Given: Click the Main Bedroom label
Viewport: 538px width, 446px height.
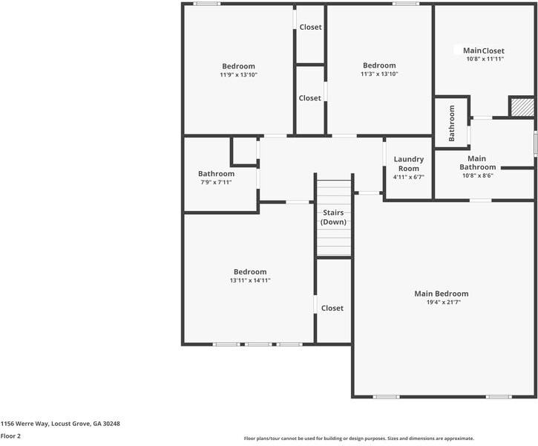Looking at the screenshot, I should pyautogui.click(x=441, y=294).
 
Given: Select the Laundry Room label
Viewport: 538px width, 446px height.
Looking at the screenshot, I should pyautogui.click(x=408, y=164).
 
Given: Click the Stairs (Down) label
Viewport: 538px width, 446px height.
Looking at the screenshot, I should pyautogui.click(x=334, y=217).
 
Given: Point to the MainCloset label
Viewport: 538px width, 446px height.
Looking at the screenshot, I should pyautogui.click(x=483, y=51).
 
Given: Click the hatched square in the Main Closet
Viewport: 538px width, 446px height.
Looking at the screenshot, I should pyautogui.click(x=522, y=107).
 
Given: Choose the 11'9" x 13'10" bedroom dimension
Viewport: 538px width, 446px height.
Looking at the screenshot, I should pyautogui.click(x=238, y=74).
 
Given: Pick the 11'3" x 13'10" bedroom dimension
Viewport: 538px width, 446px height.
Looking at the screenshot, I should pyautogui.click(x=379, y=74).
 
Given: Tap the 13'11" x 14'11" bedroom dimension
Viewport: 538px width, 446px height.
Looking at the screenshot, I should pyautogui.click(x=250, y=280).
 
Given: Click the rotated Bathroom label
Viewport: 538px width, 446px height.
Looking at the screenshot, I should pyautogui.click(x=451, y=123).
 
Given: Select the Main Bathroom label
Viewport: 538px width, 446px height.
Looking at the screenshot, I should pyautogui.click(x=477, y=163).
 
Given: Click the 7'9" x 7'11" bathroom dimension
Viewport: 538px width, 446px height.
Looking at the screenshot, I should pyautogui.click(x=216, y=182).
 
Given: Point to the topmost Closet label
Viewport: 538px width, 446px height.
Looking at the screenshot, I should pyautogui.click(x=310, y=28).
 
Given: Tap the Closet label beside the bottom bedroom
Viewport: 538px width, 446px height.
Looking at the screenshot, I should pyautogui.click(x=332, y=308).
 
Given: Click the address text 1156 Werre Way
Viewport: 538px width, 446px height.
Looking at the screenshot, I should pyautogui.click(x=60, y=424).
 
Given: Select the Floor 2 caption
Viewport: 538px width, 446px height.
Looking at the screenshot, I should pyautogui.click(x=11, y=436).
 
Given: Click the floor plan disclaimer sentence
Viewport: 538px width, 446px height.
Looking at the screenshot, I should pyautogui.click(x=358, y=439).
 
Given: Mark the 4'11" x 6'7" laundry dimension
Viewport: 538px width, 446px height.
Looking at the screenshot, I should pyautogui.click(x=408, y=177).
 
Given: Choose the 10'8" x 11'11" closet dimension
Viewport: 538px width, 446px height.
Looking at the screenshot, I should pyautogui.click(x=485, y=59).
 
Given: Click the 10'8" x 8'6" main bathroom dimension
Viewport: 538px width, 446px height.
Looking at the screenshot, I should pyautogui.click(x=477, y=175).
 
